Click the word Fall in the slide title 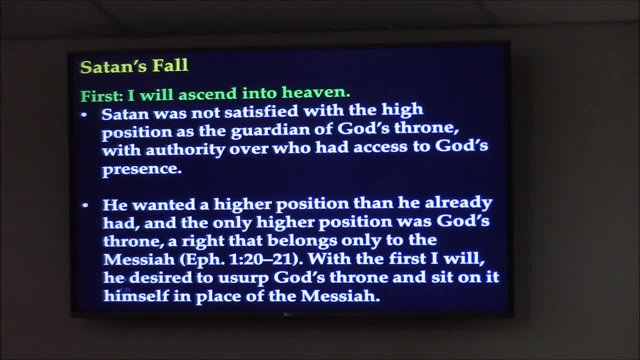(169, 65)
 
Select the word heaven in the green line (316, 92)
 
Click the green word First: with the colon (101, 95)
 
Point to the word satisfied (261, 111)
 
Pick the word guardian (270, 130)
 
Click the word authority (185, 149)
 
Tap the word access (379, 147)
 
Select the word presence (141, 169)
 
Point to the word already (458, 203)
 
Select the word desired (160, 277)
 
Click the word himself (136, 295)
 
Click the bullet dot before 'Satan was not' (84, 115)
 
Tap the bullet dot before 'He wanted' (85, 205)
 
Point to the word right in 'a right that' (203, 241)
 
